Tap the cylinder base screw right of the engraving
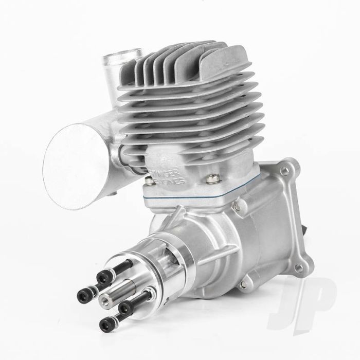pyautogui.click(x=209, y=179)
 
